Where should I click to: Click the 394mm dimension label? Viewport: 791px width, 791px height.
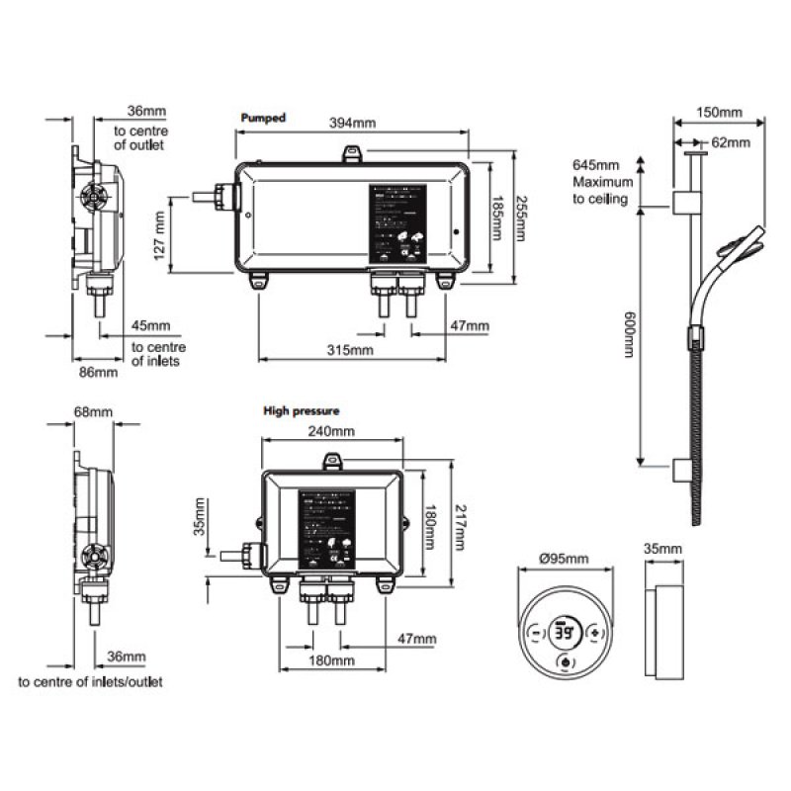[x=351, y=124]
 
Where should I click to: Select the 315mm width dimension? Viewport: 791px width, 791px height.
[x=350, y=350]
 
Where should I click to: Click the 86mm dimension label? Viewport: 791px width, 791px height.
[x=98, y=372]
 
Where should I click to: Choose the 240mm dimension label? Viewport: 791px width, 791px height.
[x=329, y=431]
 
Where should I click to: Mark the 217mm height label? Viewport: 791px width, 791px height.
[x=458, y=526]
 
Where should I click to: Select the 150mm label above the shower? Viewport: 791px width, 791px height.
[x=719, y=112]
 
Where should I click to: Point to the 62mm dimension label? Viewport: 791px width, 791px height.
[x=731, y=142]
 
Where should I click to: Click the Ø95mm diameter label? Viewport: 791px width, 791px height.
[x=564, y=559]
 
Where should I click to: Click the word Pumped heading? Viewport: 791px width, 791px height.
[x=263, y=118]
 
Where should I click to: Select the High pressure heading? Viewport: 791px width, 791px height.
[x=302, y=409]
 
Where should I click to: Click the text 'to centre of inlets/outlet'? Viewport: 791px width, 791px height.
[x=91, y=682]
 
